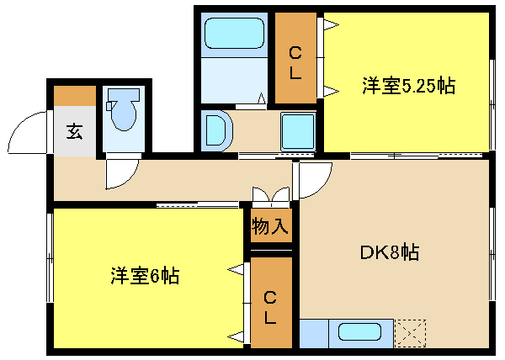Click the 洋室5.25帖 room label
408,86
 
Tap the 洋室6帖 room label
144,275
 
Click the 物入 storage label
270,225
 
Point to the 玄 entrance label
74,131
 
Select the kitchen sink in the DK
359,331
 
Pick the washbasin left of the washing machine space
215,130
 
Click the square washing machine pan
296,130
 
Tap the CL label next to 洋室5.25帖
295,63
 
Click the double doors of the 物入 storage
271,197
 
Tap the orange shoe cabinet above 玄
74,95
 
